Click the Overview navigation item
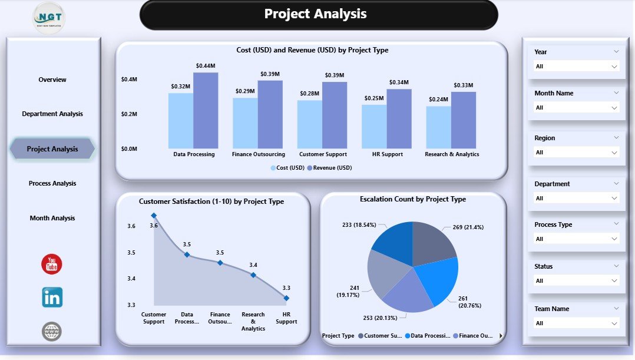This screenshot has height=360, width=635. pos(52,80)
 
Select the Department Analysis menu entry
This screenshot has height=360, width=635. pos(52,114)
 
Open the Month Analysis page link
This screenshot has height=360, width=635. pos(52,218)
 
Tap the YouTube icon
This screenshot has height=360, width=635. pos(52,264)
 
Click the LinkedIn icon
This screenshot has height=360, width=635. pos(52,298)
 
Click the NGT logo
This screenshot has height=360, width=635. pos(49,18)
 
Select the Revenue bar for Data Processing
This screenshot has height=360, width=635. pos(206,110)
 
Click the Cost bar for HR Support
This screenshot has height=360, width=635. pos(374,126)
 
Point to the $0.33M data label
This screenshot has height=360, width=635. pos(463,85)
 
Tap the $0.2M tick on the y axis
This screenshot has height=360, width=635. pos(129,114)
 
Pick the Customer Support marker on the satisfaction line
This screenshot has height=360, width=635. pos(154,216)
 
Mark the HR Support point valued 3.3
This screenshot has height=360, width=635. pos(286,298)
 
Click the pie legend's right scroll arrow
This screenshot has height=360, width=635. pos(501,336)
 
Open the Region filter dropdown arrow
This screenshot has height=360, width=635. pos(614,153)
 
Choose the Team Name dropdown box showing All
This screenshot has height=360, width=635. pos(576,323)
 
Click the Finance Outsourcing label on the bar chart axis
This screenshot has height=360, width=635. pos(259,154)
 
